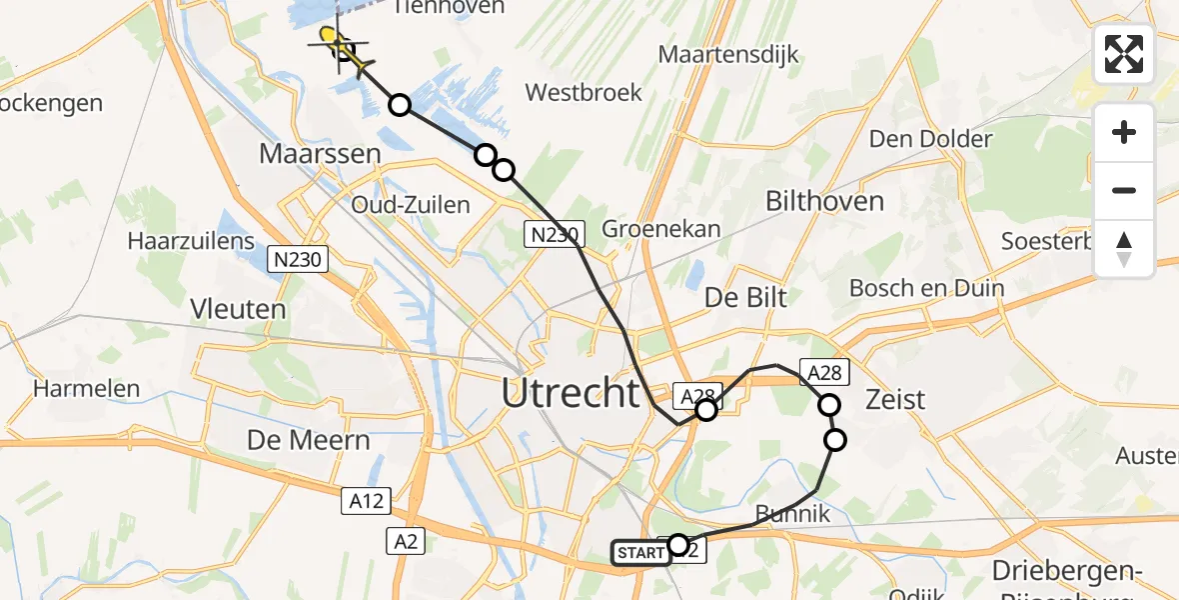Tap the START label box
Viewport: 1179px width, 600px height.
640,552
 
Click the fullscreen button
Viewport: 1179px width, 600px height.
1124,54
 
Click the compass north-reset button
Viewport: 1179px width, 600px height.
1124,248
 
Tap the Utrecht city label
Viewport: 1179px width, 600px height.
571,393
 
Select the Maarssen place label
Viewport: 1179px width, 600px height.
320,154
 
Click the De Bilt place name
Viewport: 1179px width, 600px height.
746,297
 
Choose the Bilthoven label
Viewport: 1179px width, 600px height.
824,201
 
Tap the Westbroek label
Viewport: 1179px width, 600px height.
584,92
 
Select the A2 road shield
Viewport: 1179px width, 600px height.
407,541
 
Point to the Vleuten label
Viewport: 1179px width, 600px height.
241,309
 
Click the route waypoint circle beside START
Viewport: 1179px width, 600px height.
678,545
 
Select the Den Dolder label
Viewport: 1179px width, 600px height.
930,139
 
